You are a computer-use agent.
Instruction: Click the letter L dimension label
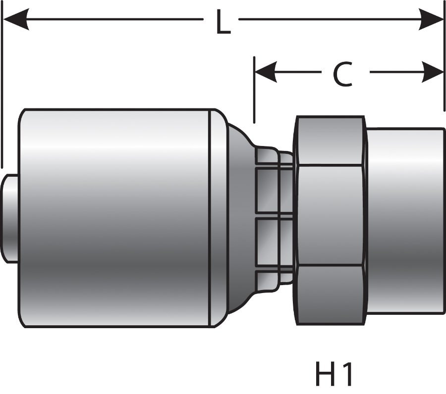223,23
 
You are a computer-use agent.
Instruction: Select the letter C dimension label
342,74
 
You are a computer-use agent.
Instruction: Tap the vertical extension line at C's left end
254,94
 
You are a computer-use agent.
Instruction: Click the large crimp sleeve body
114,218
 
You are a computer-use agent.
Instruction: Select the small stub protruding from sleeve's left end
9,218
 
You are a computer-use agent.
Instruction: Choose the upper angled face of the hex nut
330,141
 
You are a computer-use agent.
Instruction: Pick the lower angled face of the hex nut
330,295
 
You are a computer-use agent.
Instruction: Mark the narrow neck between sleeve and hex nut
275,218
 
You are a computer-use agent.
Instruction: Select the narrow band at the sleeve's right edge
216,218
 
